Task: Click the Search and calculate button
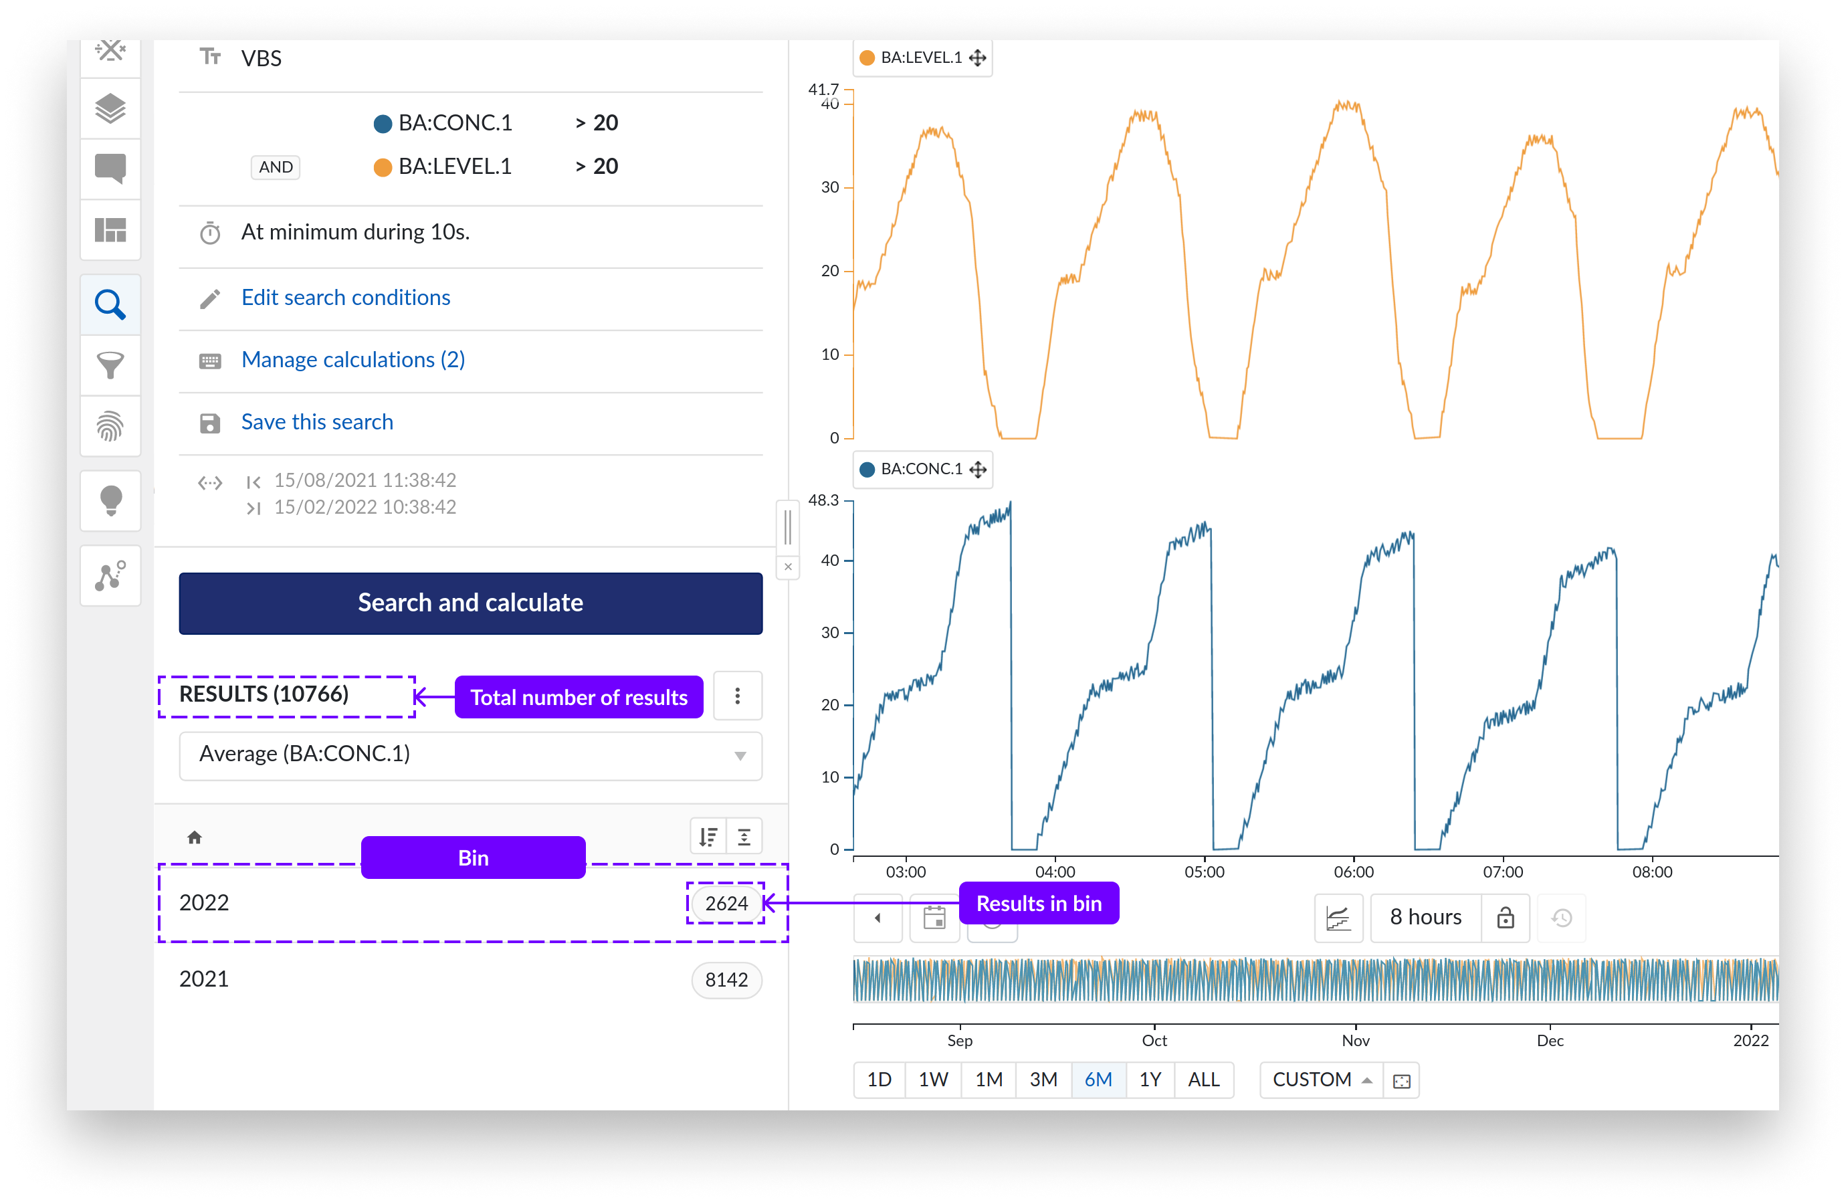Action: [x=470, y=603]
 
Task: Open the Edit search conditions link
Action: [x=345, y=297]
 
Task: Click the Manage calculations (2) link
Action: [x=353, y=359]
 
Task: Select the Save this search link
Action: [x=316, y=421]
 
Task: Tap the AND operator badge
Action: [x=276, y=167]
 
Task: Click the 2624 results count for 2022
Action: [x=726, y=903]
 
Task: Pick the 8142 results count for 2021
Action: [x=726, y=979]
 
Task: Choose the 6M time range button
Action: [x=1098, y=1079]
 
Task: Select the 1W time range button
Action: [x=933, y=1079]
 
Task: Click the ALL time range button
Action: [x=1204, y=1079]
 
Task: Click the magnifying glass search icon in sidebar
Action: [x=110, y=305]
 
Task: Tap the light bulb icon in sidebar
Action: [x=111, y=500]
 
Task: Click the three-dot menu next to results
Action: [x=737, y=696]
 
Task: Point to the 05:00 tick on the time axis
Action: [x=1205, y=871]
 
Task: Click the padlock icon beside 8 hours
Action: [x=1505, y=918]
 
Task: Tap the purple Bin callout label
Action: [x=473, y=858]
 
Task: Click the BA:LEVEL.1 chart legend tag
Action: [x=922, y=58]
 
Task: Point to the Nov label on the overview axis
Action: [x=1355, y=1040]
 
